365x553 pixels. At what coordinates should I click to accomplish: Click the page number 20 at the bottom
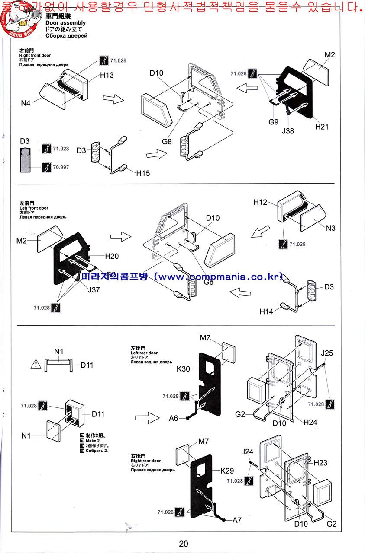(183, 543)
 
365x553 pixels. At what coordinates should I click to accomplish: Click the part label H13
(107, 76)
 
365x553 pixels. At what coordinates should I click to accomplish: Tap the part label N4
(26, 103)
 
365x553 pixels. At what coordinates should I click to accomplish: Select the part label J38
(287, 130)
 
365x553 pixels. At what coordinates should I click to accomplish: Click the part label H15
(143, 173)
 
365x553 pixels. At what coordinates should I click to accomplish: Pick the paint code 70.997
(61, 167)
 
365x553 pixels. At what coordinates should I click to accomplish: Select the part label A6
(174, 418)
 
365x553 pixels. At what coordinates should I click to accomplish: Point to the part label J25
(327, 353)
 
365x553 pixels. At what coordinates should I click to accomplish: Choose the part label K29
(228, 470)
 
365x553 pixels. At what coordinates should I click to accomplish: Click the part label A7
(237, 520)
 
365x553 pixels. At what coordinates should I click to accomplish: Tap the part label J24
(247, 452)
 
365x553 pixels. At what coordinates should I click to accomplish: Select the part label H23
(320, 463)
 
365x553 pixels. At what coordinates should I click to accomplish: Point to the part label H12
(261, 202)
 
